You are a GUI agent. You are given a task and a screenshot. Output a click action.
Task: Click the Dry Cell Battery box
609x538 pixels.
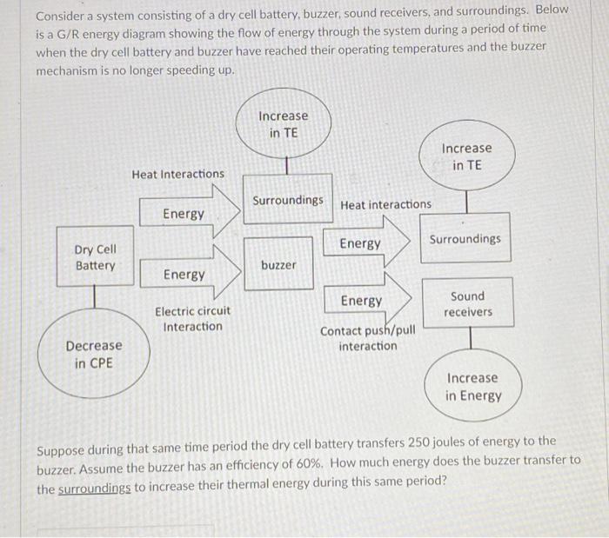click(x=96, y=257)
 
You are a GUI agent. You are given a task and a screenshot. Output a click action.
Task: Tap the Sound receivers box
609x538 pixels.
click(x=467, y=303)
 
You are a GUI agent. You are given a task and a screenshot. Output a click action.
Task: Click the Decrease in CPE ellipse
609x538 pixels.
click(x=94, y=355)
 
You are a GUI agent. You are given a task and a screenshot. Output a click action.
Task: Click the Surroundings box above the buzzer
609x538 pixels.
click(x=288, y=200)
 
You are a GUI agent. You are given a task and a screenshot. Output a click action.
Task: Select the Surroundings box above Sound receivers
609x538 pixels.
click(x=465, y=238)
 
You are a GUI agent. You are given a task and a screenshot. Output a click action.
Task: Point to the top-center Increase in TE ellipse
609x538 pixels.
click(x=283, y=124)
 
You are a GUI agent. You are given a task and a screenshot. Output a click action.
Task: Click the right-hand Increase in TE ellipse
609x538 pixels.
click(x=466, y=156)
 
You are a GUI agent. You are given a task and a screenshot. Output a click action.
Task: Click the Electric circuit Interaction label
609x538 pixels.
click(x=193, y=319)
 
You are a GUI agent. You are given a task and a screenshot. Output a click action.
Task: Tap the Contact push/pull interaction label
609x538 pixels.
click(x=368, y=339)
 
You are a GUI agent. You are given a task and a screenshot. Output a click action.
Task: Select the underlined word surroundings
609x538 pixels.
click(x=94, y=489)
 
